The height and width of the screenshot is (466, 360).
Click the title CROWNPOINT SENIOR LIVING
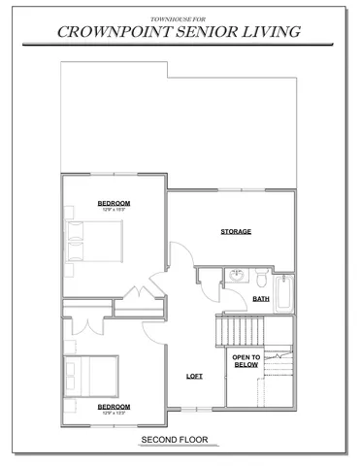pyautogui.click(x=179, y=32)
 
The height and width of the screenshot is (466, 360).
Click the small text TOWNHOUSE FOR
pyautogui.click(x=179, y=18)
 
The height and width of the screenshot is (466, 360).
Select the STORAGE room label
pyautogui.click(x=236, y=231)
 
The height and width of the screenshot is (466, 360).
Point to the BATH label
pyautogui.click(x=261, y=299)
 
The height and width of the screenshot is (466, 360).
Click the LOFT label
pyautogui.click(x=195, y=376)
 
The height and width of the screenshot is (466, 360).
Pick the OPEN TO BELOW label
pyautogui.click(x=245, y=360)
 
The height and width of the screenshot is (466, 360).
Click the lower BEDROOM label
pyautogui.click(x=115, y=407)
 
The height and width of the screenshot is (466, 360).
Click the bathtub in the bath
pyautogui.click(x=282, y=293)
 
